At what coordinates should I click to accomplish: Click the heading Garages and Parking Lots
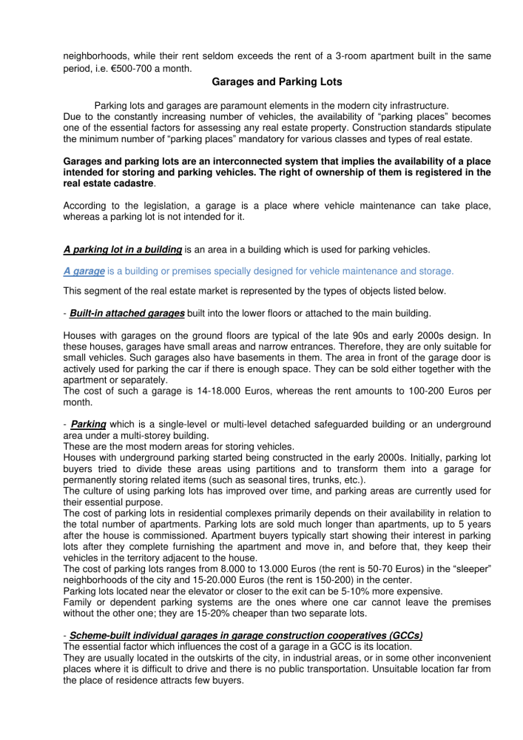[x=261, y=85]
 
